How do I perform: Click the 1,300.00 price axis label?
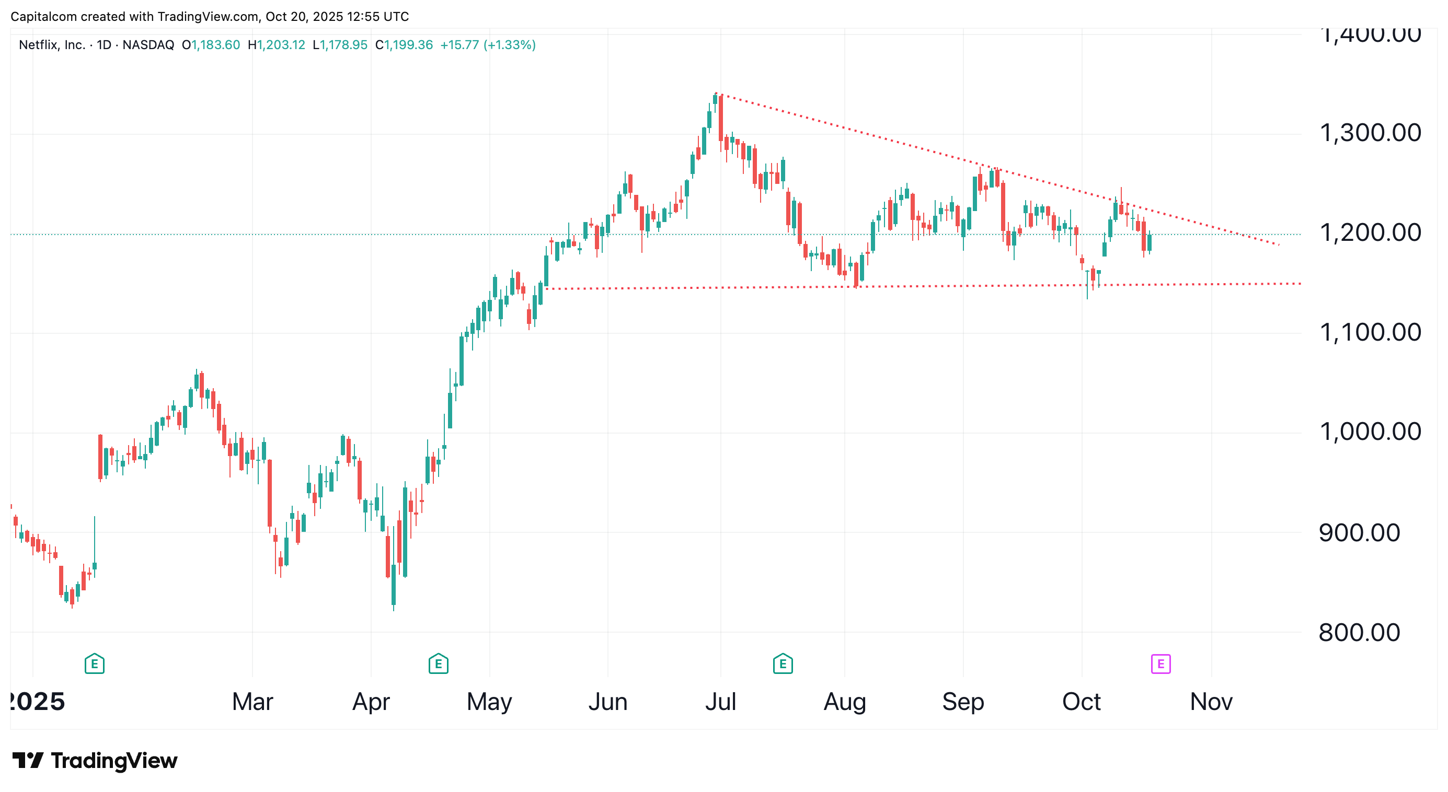[x=1369, y=133]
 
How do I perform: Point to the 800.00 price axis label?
[x=1359, y=633]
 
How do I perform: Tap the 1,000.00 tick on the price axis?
[x=1369, y=432]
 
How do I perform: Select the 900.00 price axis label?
[x=1359, y=532]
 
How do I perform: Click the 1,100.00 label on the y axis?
[x=1369, y=333]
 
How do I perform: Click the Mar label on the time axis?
[x=252, y=702]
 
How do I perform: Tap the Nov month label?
[x=1211, y=702]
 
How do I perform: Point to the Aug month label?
[x=844, y=702]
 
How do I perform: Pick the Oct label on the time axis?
[x=1081, y=702]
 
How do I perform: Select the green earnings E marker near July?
[x=783, y=664]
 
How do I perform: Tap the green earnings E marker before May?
[x=438, y=664]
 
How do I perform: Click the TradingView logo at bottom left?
[x=95, y=761]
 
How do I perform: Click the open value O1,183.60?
[x=211, y=45]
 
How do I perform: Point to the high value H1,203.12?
[x=276, y=45]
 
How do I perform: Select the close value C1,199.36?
[x=404, y=45]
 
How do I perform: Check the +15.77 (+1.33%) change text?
[x=487, y=45]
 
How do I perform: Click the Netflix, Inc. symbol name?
[x=52, y=45]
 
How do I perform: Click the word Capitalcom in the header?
[x=44, y=16]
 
